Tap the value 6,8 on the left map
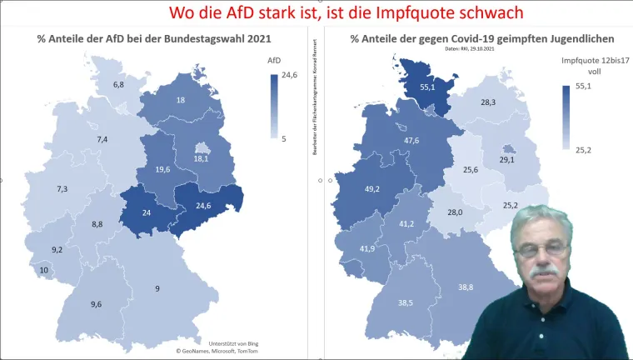click(x=118, y=85)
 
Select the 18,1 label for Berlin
click(x=200, y=159)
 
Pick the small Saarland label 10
click(x=42, y=271)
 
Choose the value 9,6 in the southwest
click(x=97, y=305)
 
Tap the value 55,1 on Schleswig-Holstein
click(x=427, y=87)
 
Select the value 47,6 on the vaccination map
click(x=411, y=140)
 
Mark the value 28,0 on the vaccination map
click(x=454, y=212)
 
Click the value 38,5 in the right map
click(x=405, y=302)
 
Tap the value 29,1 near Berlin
click(x=506, y=159)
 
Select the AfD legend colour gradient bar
click(x=274, y=105)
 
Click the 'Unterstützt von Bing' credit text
click(x=229, y=342)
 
